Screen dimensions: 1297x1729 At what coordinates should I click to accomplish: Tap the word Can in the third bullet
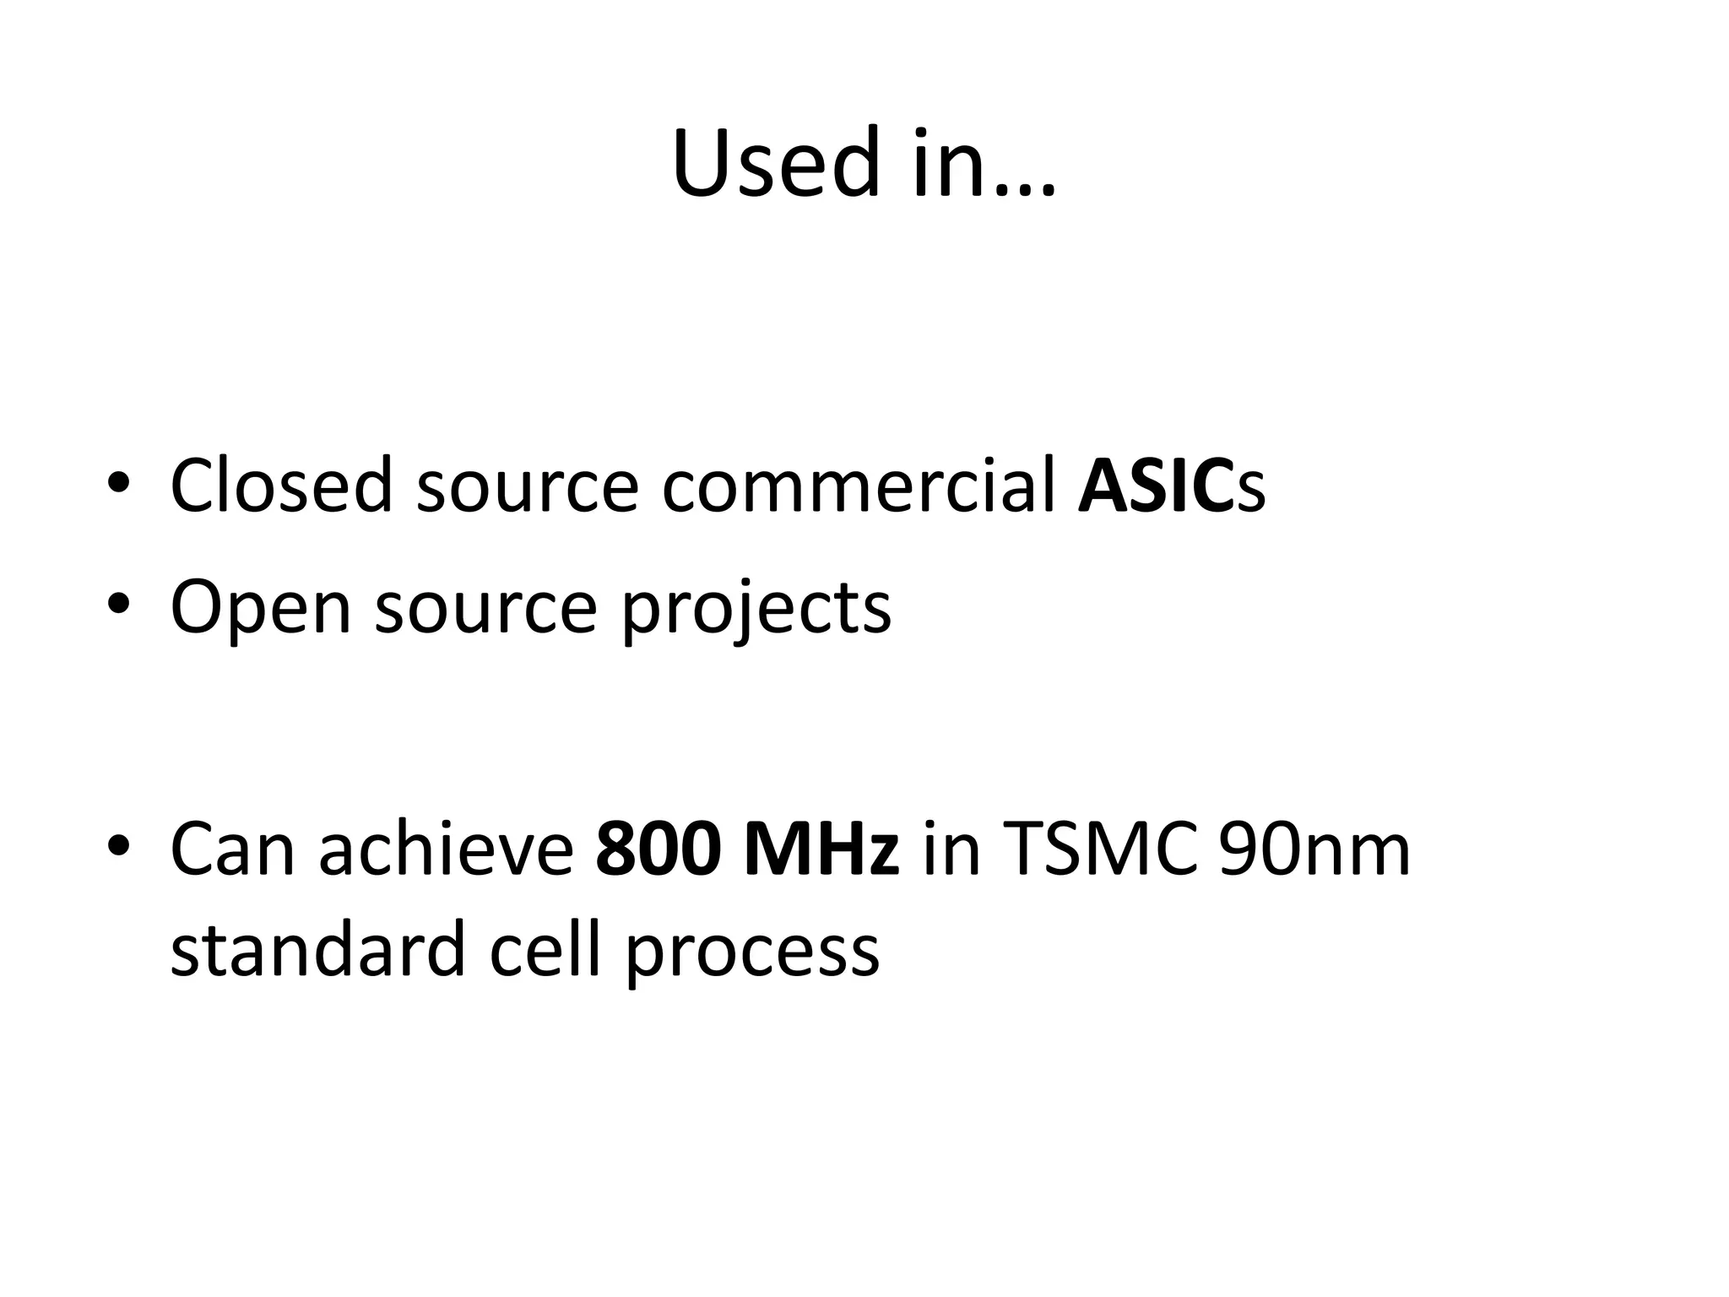click(232, 849)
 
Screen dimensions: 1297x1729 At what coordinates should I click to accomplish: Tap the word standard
click(317, 950)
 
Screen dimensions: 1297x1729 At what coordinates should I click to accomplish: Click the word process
click(752, 954)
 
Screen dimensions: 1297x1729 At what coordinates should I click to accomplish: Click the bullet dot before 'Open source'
click(118, 605)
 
